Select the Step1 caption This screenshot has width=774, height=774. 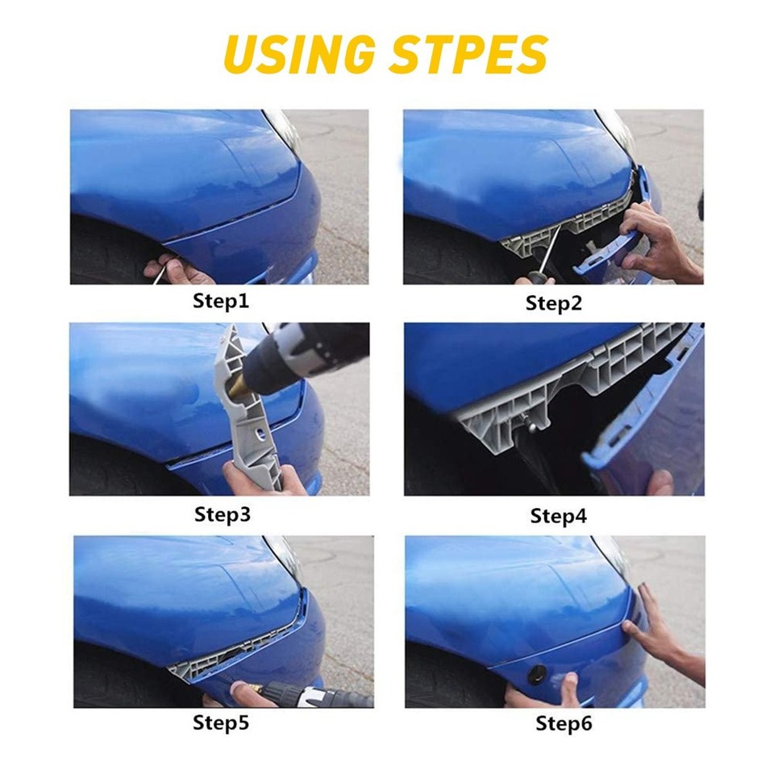tap(221, 302)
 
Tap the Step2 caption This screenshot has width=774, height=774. tap(553, 304)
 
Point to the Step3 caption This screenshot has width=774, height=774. tap(222, 514)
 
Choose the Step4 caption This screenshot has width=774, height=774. tap(557, 516)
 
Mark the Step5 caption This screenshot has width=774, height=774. tap(221, 722)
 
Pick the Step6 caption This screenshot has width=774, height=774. tap(564, 724)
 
